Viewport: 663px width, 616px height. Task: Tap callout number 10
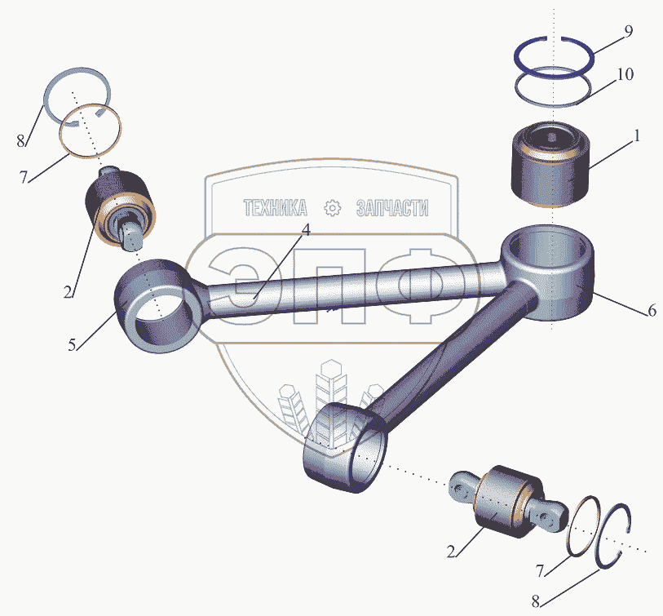[625, 75]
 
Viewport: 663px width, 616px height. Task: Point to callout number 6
[651, 311]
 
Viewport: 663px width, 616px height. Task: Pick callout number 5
[73, 344]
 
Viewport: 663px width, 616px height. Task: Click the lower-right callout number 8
[535, 602]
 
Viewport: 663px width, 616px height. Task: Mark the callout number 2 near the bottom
[451, 552]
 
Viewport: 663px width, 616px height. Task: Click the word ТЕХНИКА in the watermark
[275, 209]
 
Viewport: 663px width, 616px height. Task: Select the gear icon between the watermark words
[332, 208]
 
